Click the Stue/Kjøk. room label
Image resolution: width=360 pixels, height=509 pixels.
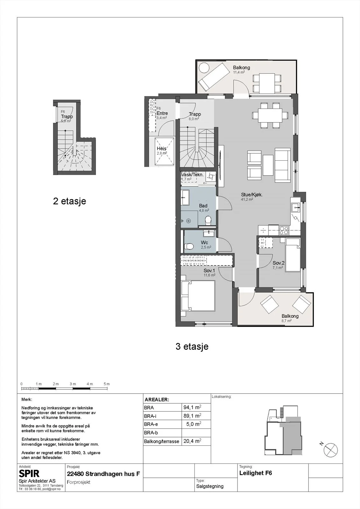point(252,195)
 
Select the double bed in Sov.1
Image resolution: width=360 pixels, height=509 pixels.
point(198,295)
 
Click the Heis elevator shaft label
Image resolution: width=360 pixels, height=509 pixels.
point(161,149)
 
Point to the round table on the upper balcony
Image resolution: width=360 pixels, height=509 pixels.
point(204,68)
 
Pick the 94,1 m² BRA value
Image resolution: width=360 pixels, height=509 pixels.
point(192,407)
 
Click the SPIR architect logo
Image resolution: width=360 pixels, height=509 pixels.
point(29,473)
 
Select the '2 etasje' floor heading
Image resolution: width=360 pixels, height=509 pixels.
point(69,201)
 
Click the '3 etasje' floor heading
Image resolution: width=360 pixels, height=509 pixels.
point(192,346)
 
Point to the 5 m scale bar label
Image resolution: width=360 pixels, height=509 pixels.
point(107,384)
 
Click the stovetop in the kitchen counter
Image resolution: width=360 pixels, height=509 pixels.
point(284,230)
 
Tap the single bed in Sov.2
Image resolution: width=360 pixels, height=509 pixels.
point(293,255)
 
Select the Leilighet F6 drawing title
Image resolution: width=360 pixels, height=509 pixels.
point(256,473)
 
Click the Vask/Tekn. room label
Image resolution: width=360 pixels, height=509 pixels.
point(192,175)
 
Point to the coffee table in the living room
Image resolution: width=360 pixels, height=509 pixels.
point(268,165)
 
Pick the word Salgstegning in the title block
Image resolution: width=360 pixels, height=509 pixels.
point(210,486)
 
